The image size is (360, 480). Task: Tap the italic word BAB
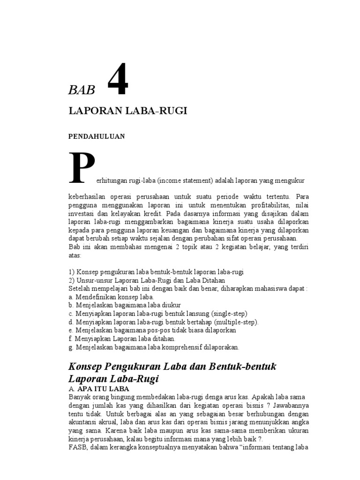pyautogui.click(x=82, y=90)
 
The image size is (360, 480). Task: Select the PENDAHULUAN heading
pyautogui.click(x=97, y=136)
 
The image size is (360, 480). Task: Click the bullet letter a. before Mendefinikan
pyautogui.click(x=70, y=297)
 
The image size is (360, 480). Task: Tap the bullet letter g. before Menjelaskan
pyautogui.click(x=70, y=347)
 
